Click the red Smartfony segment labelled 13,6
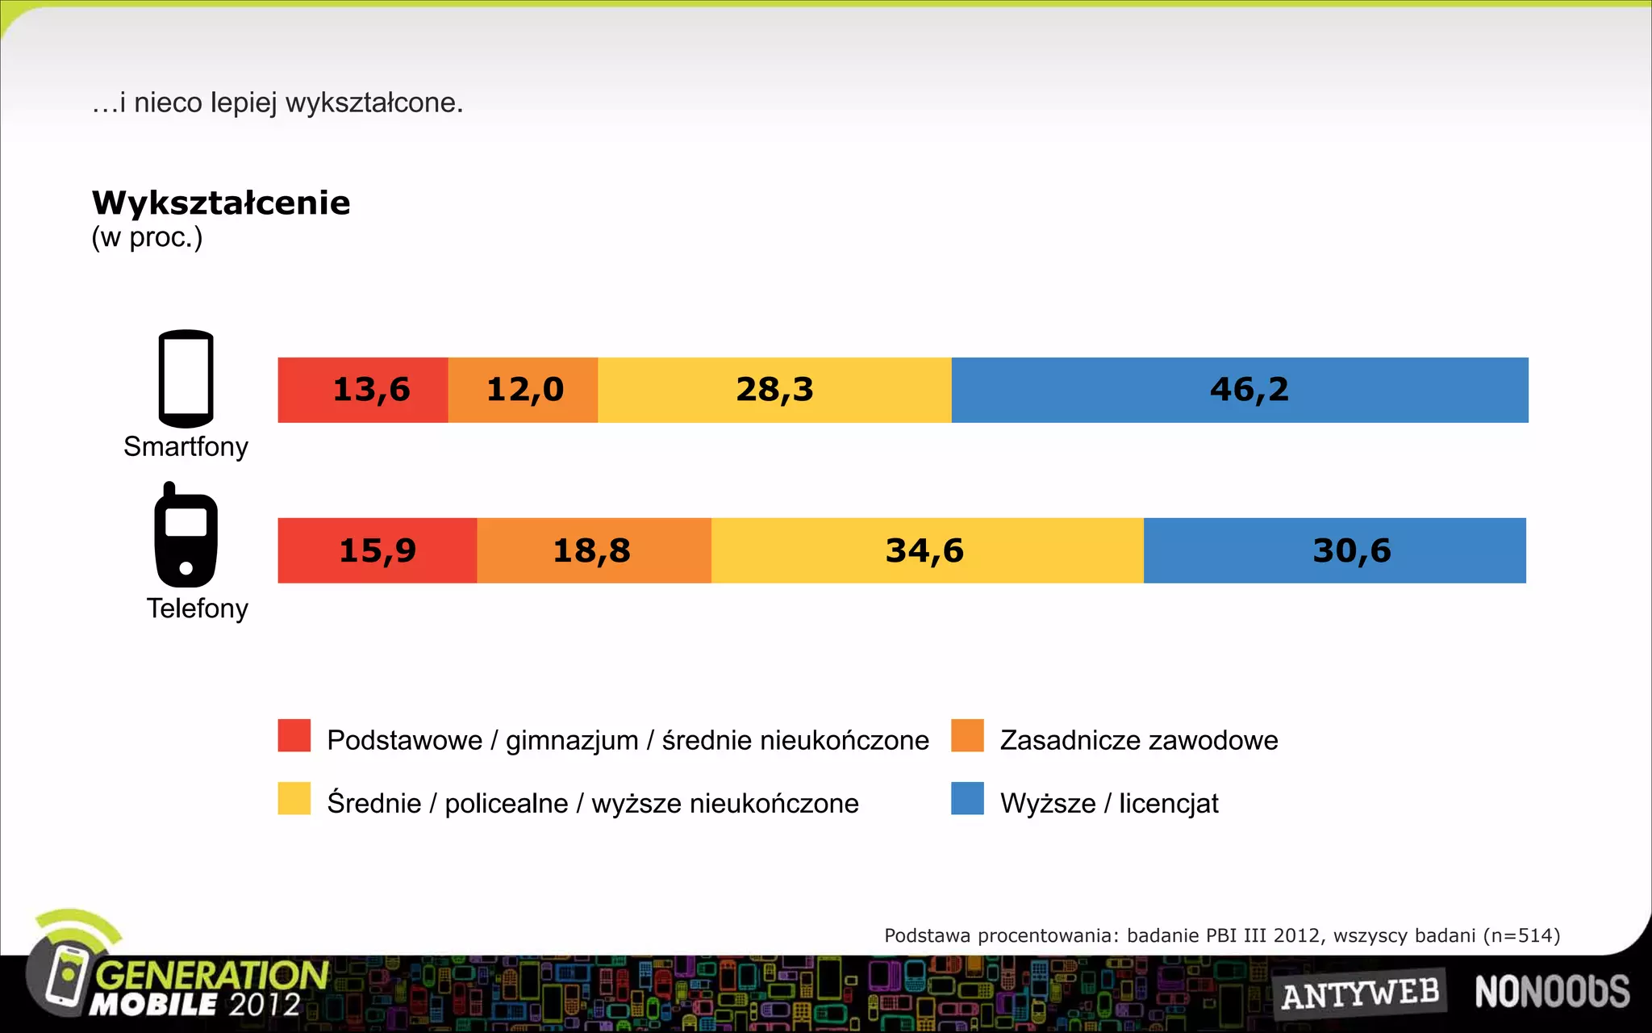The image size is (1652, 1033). point(363,390)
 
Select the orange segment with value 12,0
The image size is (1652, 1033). point(523,390)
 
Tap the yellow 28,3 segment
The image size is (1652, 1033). point(774,390)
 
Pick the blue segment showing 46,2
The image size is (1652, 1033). point(1240,390)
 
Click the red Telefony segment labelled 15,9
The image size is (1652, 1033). point(377,550)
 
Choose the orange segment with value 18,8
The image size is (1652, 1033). point(594,550)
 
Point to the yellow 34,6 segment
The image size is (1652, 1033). point(927,550)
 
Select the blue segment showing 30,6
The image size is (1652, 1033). point(1335,550)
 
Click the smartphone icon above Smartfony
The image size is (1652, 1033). point(186,378)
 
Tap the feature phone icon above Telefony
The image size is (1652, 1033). point(186,536)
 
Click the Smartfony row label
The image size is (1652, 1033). point(186,446)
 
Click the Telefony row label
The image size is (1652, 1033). point(197,608)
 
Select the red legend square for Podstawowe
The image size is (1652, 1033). point(294,735)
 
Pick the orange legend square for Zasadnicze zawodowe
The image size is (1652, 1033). point(967,735)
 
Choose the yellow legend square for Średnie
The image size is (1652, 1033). point(294,798)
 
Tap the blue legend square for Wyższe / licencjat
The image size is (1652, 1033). point(967,798)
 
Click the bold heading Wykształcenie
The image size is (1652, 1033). point(221,203)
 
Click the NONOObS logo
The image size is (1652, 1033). point(1552,992)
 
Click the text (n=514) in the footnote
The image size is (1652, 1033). point(1521,935)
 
